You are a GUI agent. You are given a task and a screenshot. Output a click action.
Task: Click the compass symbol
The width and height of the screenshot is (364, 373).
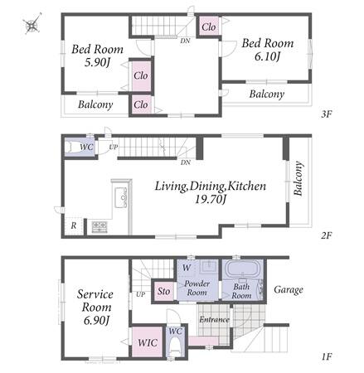click(x=32, y=24)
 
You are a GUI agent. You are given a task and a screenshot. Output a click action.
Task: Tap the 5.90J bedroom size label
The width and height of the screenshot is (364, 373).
click(x=97, y=63)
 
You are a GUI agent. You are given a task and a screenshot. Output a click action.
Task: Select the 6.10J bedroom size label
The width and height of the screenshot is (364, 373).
click(x=267, y=57)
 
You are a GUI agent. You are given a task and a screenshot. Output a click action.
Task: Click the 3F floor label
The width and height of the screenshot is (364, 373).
click(x=326, y=114)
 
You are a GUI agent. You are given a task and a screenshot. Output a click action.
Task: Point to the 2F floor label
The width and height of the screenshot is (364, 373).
click(x=326, y=235)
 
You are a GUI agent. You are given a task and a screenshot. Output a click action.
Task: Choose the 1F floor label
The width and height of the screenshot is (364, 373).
click(x=326, y=356)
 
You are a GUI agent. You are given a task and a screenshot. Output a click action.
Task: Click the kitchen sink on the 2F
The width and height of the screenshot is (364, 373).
click(x=121, y=197)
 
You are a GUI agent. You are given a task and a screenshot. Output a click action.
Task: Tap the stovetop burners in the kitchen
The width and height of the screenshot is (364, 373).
click(x=99, y=227)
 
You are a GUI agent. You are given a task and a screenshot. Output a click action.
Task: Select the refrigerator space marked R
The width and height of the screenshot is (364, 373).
click(x=74, y=225)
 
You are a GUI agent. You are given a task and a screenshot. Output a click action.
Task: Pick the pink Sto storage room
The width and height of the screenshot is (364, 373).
click(x=164, y=291)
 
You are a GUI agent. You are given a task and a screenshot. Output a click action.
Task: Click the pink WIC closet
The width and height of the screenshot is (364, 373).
click(x=148, y=342)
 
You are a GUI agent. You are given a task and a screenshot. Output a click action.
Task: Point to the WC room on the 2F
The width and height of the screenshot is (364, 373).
click(x=80, y=148)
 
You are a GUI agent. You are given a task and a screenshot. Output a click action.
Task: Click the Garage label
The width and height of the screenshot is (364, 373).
click(x=289, y=289)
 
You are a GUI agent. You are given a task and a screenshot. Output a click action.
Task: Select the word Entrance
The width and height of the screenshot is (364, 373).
click(x=214, y=320)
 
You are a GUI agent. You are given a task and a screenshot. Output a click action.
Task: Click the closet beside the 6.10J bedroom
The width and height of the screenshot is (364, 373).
click(x=209, y=27)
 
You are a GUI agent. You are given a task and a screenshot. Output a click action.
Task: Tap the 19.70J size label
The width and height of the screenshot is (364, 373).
click(x=211, y=199)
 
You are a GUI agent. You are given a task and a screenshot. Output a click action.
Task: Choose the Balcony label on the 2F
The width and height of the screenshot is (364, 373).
click(x=298, y=179)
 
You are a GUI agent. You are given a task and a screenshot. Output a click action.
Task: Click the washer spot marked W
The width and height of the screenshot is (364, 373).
click(x=187, y=268)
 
